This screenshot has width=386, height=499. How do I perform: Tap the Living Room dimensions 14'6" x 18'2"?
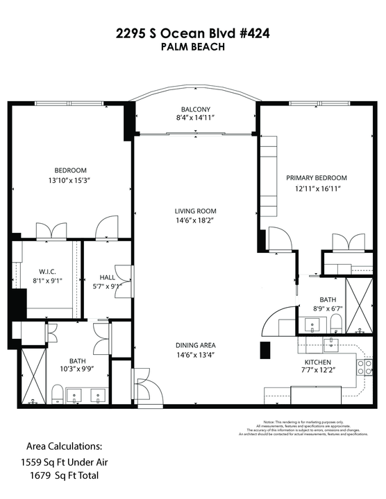click(x=195, y=220)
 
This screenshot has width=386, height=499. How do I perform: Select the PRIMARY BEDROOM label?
click(x=317, y=178)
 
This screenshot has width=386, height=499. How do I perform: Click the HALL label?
click(x=106, y=276)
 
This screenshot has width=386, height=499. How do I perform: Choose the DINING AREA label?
click(x=195, y=345)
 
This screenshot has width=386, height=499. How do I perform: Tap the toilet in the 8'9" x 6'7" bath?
click(x=335, y=322)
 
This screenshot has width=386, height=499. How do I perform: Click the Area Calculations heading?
click(x=65, y=445)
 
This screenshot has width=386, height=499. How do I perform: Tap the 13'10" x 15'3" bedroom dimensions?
click(x=71, y=182)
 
